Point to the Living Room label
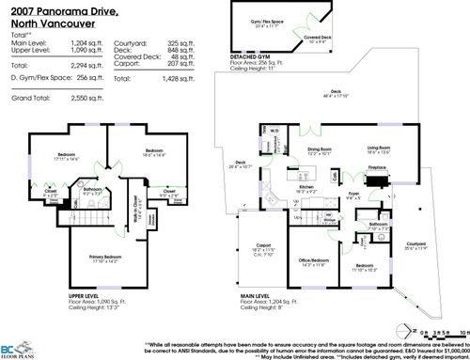pos(379,149)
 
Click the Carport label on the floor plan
pos(263,248)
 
